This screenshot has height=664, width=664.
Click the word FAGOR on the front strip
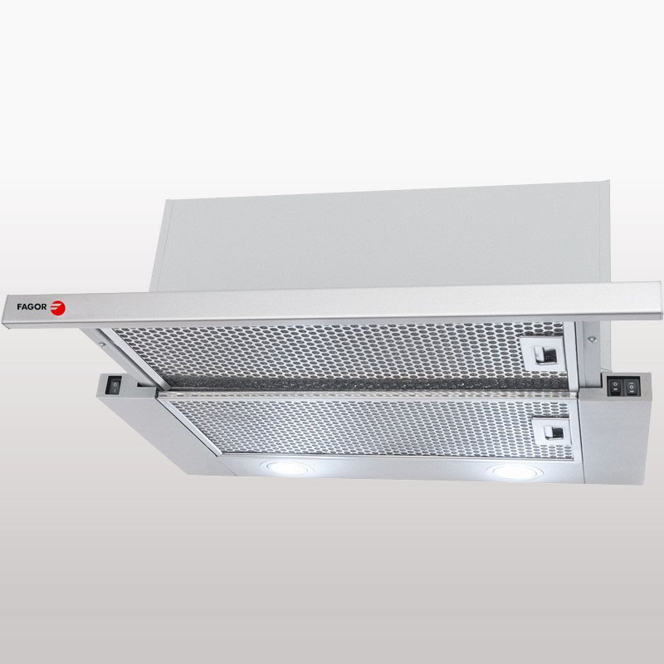(32, 306)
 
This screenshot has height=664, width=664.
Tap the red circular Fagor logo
(57, 308)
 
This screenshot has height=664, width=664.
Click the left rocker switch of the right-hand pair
(615, 387)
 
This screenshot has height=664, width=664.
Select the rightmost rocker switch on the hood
(632, 387)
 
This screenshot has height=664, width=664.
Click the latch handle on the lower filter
(554, 432)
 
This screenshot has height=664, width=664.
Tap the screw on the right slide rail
(593, 339)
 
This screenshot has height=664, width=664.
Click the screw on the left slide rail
(101, 344)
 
